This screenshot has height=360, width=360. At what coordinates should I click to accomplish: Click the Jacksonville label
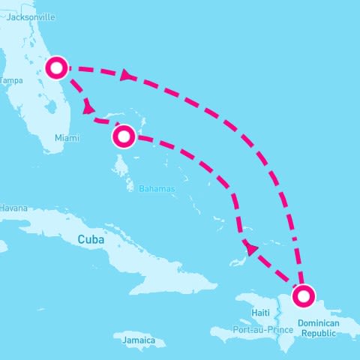click(x=29, y=16)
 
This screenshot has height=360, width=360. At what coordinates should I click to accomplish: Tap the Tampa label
click(x=10, y=80)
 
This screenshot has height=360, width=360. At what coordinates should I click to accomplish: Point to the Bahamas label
click(x=156, y=189)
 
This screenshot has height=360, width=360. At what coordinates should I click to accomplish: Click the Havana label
click(x=13, y=208)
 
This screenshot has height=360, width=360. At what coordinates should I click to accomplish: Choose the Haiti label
click(x=260, y=312)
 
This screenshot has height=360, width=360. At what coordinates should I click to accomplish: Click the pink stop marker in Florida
click(x=57, y=67)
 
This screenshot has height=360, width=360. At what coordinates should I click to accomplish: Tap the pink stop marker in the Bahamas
click(x=124, y=136)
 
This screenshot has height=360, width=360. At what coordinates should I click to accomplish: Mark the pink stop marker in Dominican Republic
click(x=303, y=296)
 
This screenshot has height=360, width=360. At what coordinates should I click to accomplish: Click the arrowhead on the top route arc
click(x=125, y=73)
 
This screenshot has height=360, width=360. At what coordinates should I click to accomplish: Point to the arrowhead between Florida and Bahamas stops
click(x=89, y=109)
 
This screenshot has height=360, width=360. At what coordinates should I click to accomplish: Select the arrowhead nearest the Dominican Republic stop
click(x=251, y=248)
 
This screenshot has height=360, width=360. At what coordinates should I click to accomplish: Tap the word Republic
click(x=318, y=333)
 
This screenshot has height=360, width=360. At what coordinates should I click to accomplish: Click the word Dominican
click(x=318, y=323)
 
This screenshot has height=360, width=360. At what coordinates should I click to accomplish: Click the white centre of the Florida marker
click(x=57, y=67)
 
